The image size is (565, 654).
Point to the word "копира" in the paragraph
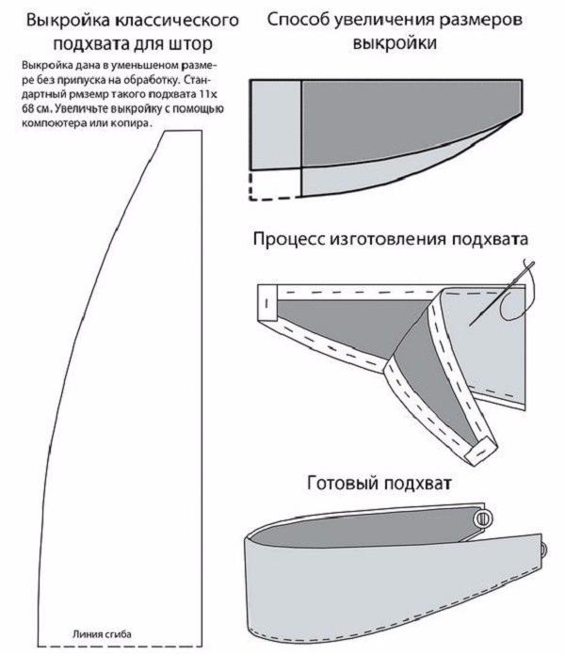tap(131, 121)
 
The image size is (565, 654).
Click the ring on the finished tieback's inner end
tap(485, 518)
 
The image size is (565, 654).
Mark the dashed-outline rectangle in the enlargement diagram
tap(273, 184)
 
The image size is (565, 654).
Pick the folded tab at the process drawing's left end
tap(266, 304)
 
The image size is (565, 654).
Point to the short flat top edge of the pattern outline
tap(183, 132)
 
